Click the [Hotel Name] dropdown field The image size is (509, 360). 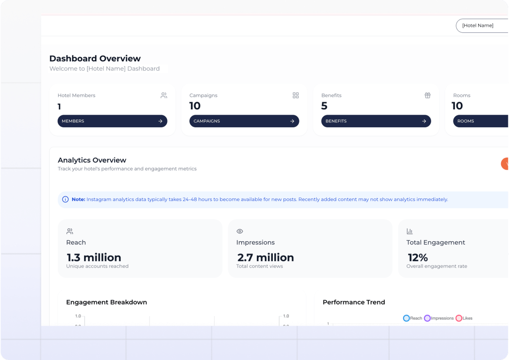pos(481,26)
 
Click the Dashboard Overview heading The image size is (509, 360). pos(95,59)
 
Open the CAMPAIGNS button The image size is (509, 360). pos(244,121)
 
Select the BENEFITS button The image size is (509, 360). pos(376,121)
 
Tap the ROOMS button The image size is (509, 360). pos(480,121)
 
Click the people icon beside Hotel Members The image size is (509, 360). pos(164,95)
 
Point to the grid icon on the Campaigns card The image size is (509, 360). pos(296,95)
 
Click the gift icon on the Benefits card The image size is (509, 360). pos(427,95)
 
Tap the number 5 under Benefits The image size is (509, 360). pos(324,106)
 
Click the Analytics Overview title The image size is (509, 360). pos(92,160)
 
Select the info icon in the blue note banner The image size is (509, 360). pos(65,199)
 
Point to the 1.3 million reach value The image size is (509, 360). pos(94,258)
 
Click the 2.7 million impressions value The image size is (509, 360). pos(265,258)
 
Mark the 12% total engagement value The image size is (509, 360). pos(418,258)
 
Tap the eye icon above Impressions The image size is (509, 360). pos(240,231)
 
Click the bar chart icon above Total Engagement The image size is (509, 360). pos(410,231)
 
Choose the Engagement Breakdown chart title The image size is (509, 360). pos(106,302)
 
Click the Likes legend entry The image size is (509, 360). pos(464,318)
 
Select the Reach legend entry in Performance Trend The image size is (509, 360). pos(413,318)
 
